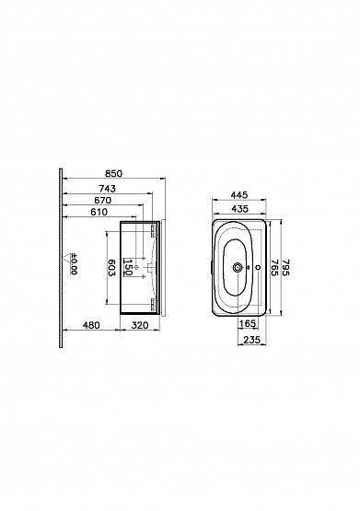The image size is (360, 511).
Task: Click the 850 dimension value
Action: (x=113, y=174)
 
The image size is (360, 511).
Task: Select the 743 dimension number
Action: (x=107, y=189)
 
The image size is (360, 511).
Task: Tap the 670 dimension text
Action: (x=102, y=201)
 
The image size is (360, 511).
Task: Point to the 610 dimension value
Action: (x=99, y=212)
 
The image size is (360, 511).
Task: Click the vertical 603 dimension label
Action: (x=111, y=268)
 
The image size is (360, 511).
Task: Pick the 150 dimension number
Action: (x=128, y=267)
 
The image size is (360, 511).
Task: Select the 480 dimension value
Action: (x=91, y=325)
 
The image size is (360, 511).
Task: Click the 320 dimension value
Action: (x=140, y=325)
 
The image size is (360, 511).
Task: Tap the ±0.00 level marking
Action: (x=74, y=264)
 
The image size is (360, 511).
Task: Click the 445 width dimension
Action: (x=239, y=195)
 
